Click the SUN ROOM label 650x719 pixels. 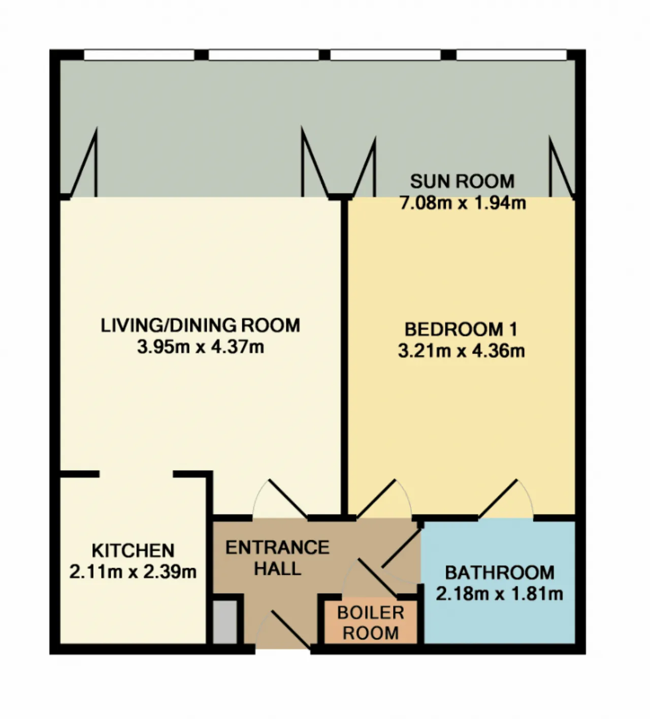(x=462, y=181)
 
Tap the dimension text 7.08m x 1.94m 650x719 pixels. (x=463, y=203)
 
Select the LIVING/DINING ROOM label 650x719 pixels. (x=201, y=325)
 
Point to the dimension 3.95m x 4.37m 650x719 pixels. (x=201, y=347)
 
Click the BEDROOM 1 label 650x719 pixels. (x=461, y=330)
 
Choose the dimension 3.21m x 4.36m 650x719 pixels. (x=462, y=351)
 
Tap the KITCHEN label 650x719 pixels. (x=133, y=550)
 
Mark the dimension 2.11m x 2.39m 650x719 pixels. (x=133, y=572)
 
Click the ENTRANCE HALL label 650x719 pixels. (x=277, y=558)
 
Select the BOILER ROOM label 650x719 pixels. (x=371, y=623)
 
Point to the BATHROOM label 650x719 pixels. (x=500, y=573)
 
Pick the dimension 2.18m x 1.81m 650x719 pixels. (x=499, y=594)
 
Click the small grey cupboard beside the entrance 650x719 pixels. (x=225, y=623)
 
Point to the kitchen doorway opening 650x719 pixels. (x=136, y=474)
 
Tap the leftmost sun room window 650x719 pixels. (x=139, y=55)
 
